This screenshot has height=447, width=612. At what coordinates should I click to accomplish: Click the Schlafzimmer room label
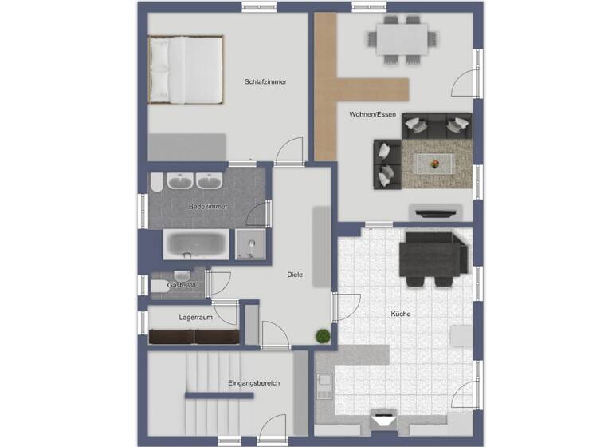pyautogui.click(x=266, y=81)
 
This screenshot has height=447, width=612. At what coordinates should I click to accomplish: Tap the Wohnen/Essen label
pyautogui.click(x=372, y=115)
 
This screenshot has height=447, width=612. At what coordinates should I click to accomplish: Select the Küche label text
pyautogui.click(x=400, y=314)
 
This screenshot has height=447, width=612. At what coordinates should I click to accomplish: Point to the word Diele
pyautogui.click(x=295, y=275)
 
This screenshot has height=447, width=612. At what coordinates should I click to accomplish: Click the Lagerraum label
pyautogui.click(x=195, y=317)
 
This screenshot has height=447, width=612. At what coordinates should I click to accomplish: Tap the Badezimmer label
pyautogui.click(x=208, y=207)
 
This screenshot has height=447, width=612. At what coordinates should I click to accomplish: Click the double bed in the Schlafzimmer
pyautogui.click(x=186, y=69)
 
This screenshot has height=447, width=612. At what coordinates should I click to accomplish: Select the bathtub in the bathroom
pyautogui.click(x=196, y=244)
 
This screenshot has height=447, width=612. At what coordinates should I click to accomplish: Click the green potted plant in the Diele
pyautogui.click(x=322, y=336)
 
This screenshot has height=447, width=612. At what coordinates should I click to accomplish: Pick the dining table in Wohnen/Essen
pyautogui.click(x=402, y=37)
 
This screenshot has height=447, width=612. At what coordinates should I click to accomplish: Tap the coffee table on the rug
pyautogui.click(x=435, y=163)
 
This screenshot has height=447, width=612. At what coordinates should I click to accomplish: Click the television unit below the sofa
pyautogui.click(x=433, y=212)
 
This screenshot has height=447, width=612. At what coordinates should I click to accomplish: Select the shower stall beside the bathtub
pyautogui.click(x=251, y=244)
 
